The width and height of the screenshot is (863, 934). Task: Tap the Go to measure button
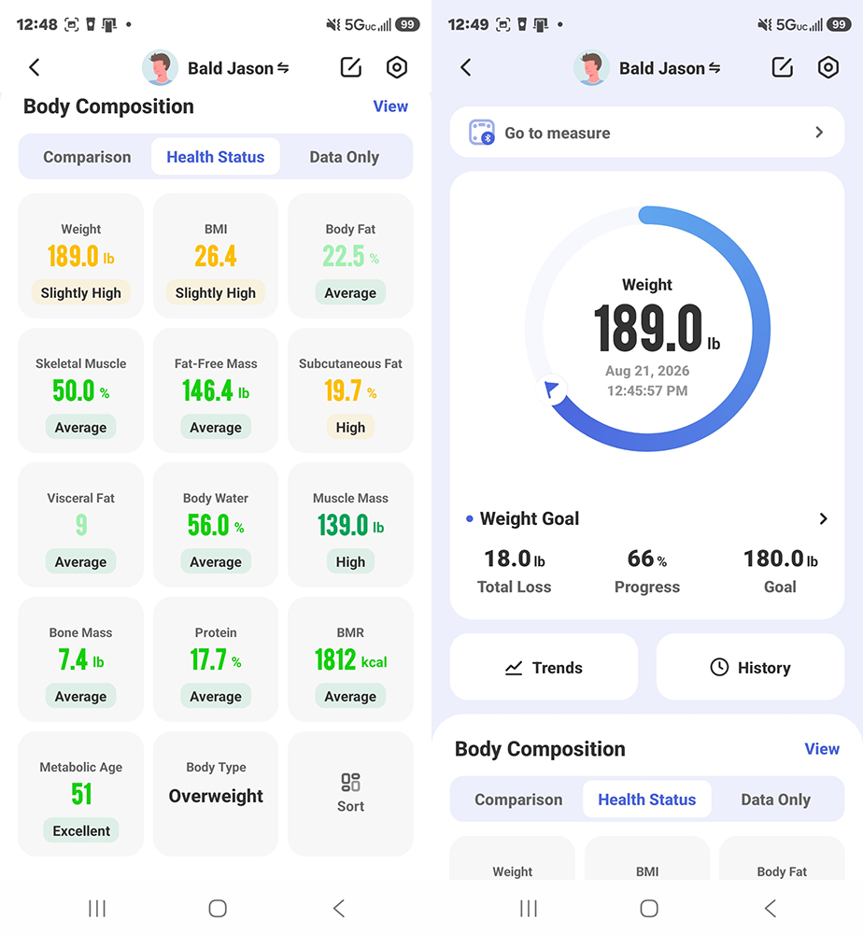click(647, 133)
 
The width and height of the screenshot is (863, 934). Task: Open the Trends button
click(544, 667)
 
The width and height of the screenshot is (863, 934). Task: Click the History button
click(750, 667)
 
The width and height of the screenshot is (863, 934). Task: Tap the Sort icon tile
click(350, 793)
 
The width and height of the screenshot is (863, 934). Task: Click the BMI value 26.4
click(216, 257)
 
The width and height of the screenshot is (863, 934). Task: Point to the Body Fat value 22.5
click(344, 257)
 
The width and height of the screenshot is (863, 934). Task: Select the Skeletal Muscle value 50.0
click(74, 390)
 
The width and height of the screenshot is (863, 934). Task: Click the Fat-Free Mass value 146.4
click(208, 390)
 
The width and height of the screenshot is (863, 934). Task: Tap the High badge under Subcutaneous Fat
click(350, 427)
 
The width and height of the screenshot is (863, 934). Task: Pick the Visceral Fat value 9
click(81, 525)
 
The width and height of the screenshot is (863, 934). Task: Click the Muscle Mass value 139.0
click(343, 525)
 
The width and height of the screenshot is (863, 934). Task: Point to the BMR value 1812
click(335, 660)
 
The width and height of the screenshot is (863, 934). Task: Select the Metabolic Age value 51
click(81, 794)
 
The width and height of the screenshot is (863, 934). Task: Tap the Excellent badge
click(81, 830)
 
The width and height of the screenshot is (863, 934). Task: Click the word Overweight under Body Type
click(216, 796)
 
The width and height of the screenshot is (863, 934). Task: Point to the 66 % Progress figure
click(647, 559)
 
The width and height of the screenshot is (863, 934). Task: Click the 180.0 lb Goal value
click(780, 559)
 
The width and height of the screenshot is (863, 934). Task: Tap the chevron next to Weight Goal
click(823, 518)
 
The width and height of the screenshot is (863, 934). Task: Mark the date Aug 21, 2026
click(647, 371)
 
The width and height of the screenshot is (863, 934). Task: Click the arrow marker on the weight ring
click(551, 389)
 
